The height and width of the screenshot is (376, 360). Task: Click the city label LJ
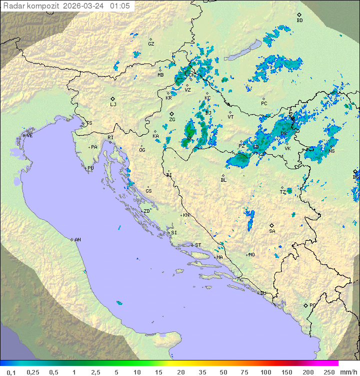pyautogui.click(x=113, y=105)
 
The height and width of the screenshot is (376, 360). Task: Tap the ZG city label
pyautogui.click(x=172, y=120)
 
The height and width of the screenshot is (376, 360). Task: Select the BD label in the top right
pyautogui.click(x=299, y=21)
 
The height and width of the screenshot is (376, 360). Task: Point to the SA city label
pyautogui.click(x=272, y=231)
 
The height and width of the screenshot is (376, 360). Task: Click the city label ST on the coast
pyautogui.click(x=198, y=245)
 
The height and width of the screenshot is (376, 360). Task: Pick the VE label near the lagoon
pyautogui.click(x=29, y=136)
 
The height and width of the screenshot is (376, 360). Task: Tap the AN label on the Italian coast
pyautogui.click(x=77, y=240)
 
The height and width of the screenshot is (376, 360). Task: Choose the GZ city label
pyautogui.click(x=151, y=44)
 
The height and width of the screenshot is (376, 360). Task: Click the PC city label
pyautogui.click(x=264, y=104)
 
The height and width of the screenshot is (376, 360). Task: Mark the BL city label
pyautogui.click(x=223, y=180)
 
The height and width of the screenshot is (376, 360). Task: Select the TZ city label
pyautogui.click(x=283, y=192)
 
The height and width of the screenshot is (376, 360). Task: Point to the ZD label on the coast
pyautogui.click(x=146, y=211)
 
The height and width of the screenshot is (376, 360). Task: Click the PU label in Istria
pyautogui.click(x=90, y=168)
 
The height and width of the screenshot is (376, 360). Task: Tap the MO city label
pyautogui.click(x=251, y=255)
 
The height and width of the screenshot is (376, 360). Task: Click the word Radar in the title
pyautogui.click(x=13, y=6)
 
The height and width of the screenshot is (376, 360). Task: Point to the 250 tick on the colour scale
pyautogui.click(x=328, y=372)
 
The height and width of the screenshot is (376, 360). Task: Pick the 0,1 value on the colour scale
pyautogui.click(x=11, y=372)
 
